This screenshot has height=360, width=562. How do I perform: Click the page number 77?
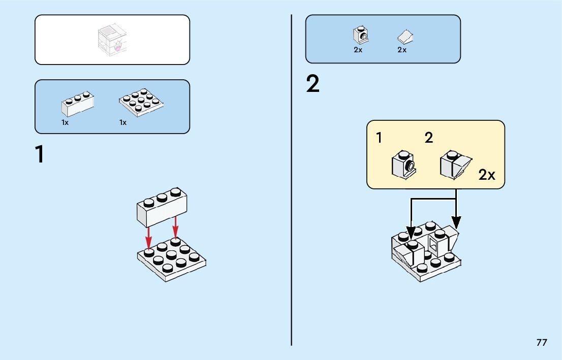point(542,342)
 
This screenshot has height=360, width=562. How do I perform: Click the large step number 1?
point(40,155)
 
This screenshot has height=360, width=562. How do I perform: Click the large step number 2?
point(313,84)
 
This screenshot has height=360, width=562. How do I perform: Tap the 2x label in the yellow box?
point(486,175)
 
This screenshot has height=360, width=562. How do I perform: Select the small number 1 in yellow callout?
point(379,138)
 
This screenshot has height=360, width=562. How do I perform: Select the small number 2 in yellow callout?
point(429,138)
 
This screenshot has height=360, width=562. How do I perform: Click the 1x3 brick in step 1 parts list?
point(78,104)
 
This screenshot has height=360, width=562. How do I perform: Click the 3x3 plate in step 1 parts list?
point(141,102)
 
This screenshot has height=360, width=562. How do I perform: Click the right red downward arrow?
point(176,227)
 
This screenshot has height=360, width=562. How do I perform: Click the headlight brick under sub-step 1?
point(404,163)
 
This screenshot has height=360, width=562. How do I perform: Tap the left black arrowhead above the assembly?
point(411,234)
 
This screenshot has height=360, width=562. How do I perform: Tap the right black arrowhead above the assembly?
point(456,222)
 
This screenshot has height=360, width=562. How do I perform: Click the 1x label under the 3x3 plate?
point(123,122)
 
